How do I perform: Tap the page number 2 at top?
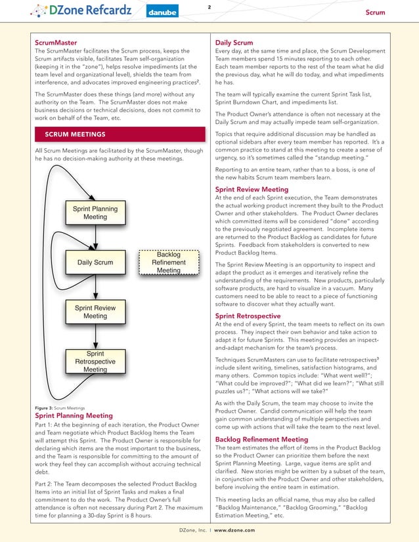[209, 7]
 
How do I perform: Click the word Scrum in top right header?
[375, 12]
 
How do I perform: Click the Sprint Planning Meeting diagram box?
[95, 213]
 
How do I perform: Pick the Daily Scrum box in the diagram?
[95, 262]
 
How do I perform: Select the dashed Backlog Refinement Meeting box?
[169, 262]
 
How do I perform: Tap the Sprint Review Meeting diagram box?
[95, 312]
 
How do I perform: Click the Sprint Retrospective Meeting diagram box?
[95, 362]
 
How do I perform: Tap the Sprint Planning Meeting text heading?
[73, 415]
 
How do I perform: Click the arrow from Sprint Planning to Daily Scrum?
[95, 238]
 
